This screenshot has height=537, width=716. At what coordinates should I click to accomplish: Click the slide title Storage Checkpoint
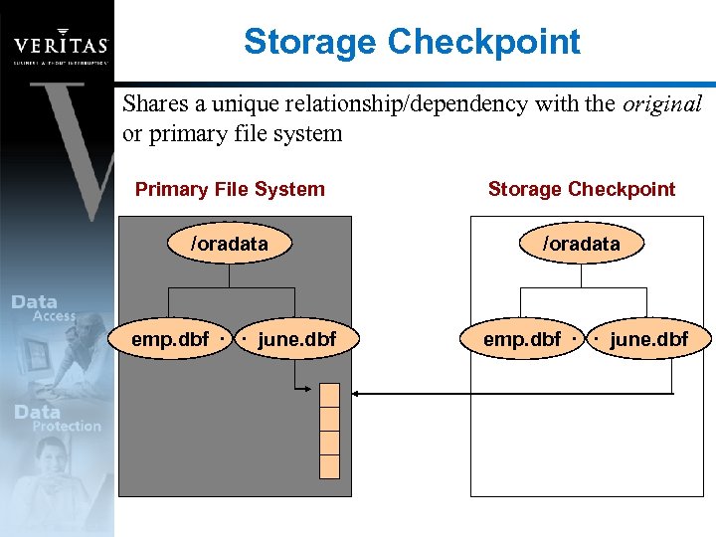pos(412,42)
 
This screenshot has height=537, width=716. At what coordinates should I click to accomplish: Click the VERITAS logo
pos(60,46)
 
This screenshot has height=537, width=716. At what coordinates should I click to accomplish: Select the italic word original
pos(662,103)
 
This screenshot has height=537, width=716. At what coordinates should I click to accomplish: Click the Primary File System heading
pos(230,189)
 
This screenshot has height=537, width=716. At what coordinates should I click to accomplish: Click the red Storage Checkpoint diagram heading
pos(581,189)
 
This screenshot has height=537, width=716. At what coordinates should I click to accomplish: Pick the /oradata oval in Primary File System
pos(230,244)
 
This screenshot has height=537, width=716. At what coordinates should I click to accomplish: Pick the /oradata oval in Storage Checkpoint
pos(581,244)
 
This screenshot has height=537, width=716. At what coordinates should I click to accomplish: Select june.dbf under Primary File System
pos(296,340)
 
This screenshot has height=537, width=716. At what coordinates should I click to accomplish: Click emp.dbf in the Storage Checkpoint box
pos(522,340)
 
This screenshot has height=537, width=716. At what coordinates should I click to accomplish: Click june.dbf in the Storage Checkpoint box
pos(648,340)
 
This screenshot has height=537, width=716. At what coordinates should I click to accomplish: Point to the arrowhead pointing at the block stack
pos(359,395)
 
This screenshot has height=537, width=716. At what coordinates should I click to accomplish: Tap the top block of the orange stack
pos(329,395)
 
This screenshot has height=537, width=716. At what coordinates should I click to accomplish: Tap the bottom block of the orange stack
pos(329,466)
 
